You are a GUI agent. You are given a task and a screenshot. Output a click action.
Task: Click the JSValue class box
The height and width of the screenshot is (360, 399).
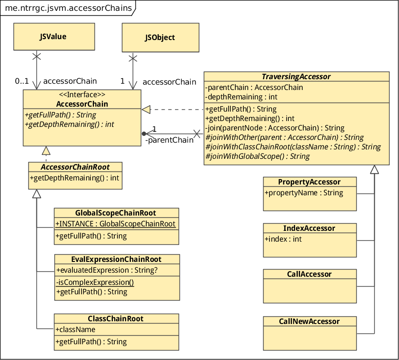tap(54, 36)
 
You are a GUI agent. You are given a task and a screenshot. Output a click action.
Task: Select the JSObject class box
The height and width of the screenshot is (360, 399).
tap(160, 37)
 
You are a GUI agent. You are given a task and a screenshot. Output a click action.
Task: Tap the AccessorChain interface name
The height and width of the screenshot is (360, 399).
tap(82, 104)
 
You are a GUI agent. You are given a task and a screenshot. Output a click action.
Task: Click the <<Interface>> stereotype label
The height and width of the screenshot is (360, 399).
tap(82, 95)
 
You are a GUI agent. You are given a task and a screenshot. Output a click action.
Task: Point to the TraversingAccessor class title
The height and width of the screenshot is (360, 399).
tap(296, 76)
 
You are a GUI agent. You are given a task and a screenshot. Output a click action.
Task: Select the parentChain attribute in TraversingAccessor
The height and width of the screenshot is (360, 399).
tap(254, 87)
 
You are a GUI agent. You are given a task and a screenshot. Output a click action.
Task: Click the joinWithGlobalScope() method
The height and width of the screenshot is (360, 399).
tap(257, 156)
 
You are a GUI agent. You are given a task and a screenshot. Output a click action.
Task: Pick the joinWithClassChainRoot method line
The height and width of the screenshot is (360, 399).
tap(293, 147)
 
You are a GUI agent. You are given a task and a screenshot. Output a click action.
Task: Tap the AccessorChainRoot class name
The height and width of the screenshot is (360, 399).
tap(76, 167)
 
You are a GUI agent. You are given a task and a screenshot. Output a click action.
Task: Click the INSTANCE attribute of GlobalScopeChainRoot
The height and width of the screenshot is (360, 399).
tap(116, 224)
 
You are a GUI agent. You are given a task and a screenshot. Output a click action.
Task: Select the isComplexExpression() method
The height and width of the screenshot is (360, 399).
tap(95, 282)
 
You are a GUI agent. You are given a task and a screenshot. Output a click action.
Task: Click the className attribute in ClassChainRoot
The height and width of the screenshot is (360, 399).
tap(76, 329)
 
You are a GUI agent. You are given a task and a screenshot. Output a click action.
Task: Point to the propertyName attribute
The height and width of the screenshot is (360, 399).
tap(304, 193)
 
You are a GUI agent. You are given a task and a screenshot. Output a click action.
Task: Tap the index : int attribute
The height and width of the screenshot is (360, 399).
tap(283, 239)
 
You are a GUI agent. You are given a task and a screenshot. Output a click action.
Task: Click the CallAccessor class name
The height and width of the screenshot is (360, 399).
tap(309, 274)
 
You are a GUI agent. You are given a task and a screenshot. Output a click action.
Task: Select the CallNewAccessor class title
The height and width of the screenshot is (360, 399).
tap(309, 321)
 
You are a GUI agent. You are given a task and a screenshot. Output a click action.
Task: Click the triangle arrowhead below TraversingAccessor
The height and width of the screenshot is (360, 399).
tap(374, 170)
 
